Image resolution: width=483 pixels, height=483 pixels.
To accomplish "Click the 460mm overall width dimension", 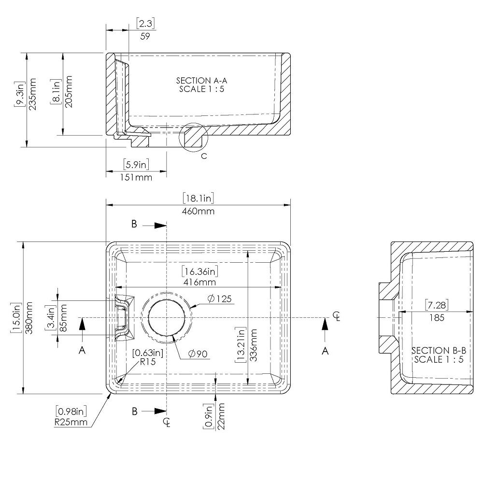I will (x=199, y=211).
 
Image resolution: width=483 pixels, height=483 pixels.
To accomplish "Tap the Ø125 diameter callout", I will (x=220, y=299).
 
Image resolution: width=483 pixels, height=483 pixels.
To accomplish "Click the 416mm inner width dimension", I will (x=199, y=282).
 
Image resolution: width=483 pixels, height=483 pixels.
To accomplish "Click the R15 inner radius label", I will (x=148, y=361).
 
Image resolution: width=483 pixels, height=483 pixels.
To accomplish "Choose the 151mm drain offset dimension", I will (x=136, y=177).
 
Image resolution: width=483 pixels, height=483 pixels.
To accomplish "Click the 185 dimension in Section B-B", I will (x=437, y=317).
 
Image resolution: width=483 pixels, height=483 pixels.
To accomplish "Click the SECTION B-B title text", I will (x=437, y=350).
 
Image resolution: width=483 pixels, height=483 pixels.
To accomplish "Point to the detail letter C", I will (x=204, y=156).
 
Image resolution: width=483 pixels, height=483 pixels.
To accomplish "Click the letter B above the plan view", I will (x=134, y=224).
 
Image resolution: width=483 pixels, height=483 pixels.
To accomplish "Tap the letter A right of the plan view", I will (x=325, y=351).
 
